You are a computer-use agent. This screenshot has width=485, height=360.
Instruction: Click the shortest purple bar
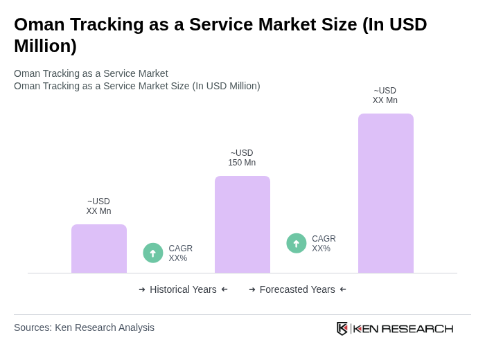[99, 249]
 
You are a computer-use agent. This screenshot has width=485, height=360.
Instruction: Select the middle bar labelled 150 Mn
[242, 224]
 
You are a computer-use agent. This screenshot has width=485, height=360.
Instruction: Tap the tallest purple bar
[385, 193]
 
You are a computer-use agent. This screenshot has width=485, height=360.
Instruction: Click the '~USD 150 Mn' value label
[242, 158]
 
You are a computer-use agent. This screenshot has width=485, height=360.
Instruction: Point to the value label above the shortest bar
[98, 206]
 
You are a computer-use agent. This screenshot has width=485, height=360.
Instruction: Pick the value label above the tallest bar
[385, 96]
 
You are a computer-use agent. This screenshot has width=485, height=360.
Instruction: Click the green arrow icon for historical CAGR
[153, 253]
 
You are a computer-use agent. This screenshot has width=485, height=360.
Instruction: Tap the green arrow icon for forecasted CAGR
[297, 244]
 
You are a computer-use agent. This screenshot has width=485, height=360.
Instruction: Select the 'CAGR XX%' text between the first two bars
[180, 253]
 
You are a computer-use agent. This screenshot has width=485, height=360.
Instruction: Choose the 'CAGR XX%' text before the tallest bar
[324, 244]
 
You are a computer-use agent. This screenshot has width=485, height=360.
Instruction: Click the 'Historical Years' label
[183, 289]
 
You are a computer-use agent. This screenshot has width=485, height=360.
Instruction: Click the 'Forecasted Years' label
[297, 289]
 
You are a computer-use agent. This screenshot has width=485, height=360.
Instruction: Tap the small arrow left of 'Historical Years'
[142, 289]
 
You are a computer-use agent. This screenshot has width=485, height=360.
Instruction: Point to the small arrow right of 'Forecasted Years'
[343, 289]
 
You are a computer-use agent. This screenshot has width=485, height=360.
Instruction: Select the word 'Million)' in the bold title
[45, 46]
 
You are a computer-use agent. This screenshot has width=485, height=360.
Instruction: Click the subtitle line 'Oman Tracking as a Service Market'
[91, 73]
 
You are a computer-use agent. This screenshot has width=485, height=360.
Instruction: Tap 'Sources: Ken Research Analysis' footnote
[84, 327]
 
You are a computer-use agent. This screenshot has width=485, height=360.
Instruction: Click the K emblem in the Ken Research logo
[342, 328]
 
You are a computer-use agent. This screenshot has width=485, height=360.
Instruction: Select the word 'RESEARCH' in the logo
[417, 328]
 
